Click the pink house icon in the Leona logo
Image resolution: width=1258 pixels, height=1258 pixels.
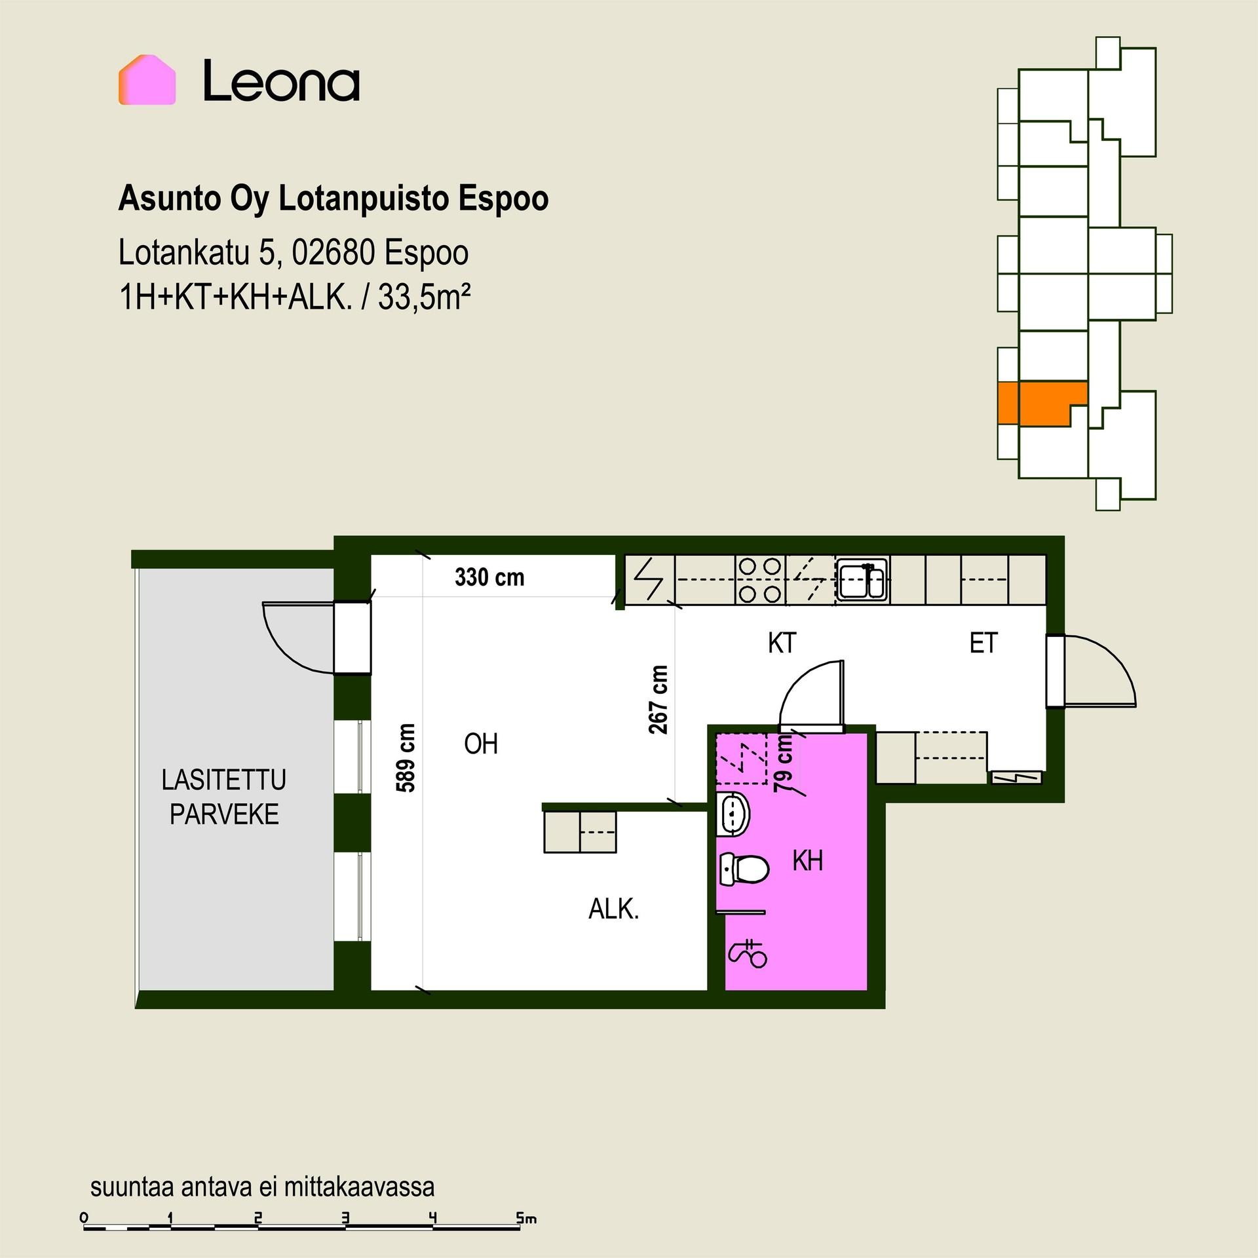pos(147,80)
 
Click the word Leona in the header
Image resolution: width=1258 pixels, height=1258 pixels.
pos(281,81)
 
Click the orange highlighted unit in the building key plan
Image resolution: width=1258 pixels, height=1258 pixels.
pos(1042,402)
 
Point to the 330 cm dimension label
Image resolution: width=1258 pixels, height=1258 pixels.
pos(489,577)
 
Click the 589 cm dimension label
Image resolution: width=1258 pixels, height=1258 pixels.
pos(406,758)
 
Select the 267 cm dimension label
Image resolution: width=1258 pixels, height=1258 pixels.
pos(658,700)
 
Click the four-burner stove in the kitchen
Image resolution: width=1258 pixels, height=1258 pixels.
pos(760,579)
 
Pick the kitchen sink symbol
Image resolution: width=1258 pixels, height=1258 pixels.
pos(862,579)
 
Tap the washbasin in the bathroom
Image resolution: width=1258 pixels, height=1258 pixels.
pos(733,814)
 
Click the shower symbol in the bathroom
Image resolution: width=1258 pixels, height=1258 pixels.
pos(748,954)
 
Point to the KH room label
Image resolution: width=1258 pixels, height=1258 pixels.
pos(807,861)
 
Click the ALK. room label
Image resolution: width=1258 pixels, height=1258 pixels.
pos(613,909)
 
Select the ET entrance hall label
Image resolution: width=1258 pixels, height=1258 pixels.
pos(983,643)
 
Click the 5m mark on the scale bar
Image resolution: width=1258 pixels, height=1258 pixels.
pos(526,1219)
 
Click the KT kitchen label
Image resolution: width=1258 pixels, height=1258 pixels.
pos(782,643)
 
